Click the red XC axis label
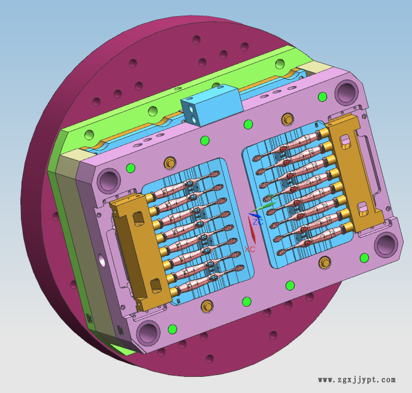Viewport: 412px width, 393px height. pos(250,249)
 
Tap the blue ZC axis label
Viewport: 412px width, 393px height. pos(257,222)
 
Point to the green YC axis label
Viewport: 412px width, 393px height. pos(272,196)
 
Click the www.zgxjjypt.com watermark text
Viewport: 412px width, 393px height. pos(356,380)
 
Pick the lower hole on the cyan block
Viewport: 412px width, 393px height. pos(195,120)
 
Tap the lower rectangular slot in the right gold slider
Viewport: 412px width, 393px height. pos(363,208)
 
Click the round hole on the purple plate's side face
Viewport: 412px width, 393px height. pos(102,260)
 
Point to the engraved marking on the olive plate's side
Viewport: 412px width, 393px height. pos(90,318)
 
